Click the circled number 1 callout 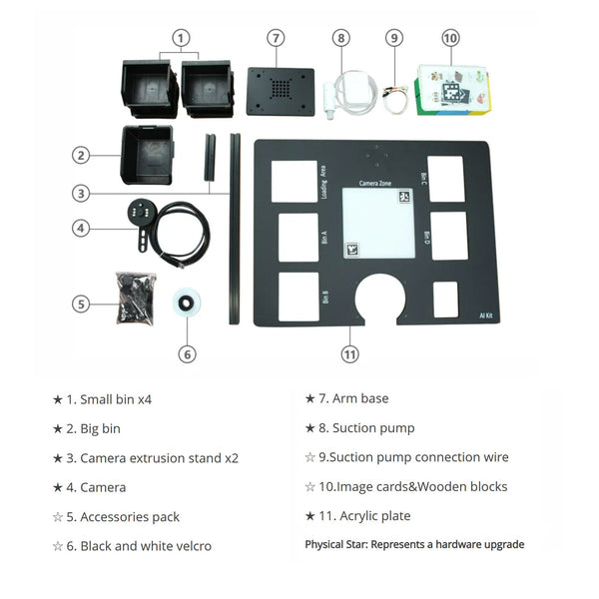coord(180,38)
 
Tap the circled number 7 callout coord(277,38)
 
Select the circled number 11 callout coord(349,353)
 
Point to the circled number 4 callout coord(83,228)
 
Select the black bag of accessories coord(135,299)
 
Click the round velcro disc coord(185,302)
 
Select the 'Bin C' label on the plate coord(425,177)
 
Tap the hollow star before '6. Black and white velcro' coord(57,546)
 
